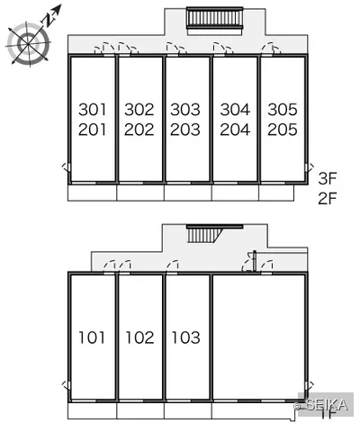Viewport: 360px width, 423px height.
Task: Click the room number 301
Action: (92, 110)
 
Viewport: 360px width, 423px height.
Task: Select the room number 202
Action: (139, 130)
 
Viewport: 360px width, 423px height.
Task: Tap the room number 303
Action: (185, 110)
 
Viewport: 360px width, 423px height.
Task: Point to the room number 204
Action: (235, 130)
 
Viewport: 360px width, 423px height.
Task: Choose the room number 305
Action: (283, 110)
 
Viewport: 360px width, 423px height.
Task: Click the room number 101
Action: (92, 337)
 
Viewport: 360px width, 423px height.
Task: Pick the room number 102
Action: (139, 337)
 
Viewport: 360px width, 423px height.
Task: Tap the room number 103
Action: (185, 337)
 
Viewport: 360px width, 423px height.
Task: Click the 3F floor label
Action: (328, 179)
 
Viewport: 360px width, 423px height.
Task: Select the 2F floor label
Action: (328, 198)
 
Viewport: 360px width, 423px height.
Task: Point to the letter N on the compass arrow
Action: (49, 20)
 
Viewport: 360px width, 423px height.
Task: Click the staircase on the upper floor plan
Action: (214, 18)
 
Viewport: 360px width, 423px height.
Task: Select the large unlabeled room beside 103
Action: (259, 337)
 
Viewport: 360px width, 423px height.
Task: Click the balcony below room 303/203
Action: (188, 193)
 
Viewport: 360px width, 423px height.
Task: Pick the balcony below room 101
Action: (92, 410)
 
